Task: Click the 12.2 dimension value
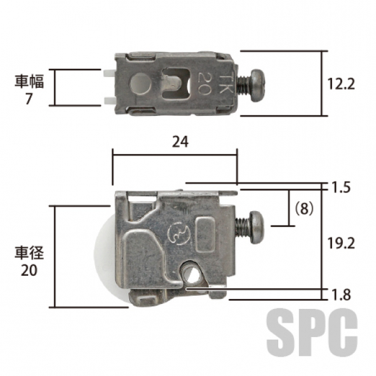coord(340,84)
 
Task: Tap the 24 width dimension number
coord(180,142)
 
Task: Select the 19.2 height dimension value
coord(341,243)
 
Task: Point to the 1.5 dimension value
coord(342,187)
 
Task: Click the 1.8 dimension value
coord(342,295)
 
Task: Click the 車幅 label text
coord(29,81)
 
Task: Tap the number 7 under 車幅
coord(29,99)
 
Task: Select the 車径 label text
coord(29,253)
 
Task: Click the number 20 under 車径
coord(29,270)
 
